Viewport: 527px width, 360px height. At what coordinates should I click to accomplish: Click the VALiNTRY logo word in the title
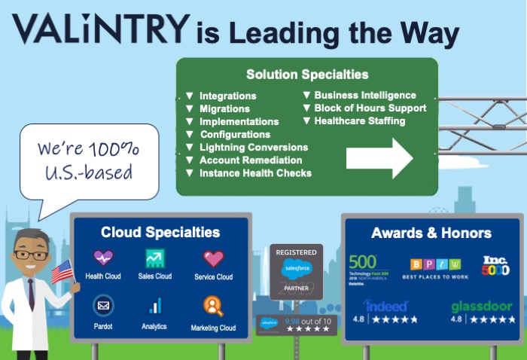point(100,29)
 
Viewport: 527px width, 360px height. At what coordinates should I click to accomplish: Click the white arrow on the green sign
point(379,157)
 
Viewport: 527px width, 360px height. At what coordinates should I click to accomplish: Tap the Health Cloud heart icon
point(103,258)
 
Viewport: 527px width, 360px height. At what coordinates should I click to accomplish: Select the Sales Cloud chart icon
point(155,258)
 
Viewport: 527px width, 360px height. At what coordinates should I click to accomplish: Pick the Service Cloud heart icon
point(214,258)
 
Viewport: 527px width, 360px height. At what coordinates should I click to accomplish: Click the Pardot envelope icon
point(103,305)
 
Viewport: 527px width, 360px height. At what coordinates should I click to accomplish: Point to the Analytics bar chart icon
point(155,306)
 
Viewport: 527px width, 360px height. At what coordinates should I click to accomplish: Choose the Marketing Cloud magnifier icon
point(213,306)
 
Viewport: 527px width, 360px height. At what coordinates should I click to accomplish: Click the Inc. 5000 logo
point(495,266)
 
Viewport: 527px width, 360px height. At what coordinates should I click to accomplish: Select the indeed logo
point(385,306)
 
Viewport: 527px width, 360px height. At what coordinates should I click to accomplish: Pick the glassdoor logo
point(483,307)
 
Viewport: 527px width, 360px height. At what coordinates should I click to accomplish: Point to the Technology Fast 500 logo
point(367,265)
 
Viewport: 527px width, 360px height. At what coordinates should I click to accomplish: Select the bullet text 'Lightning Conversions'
point(253,147)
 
